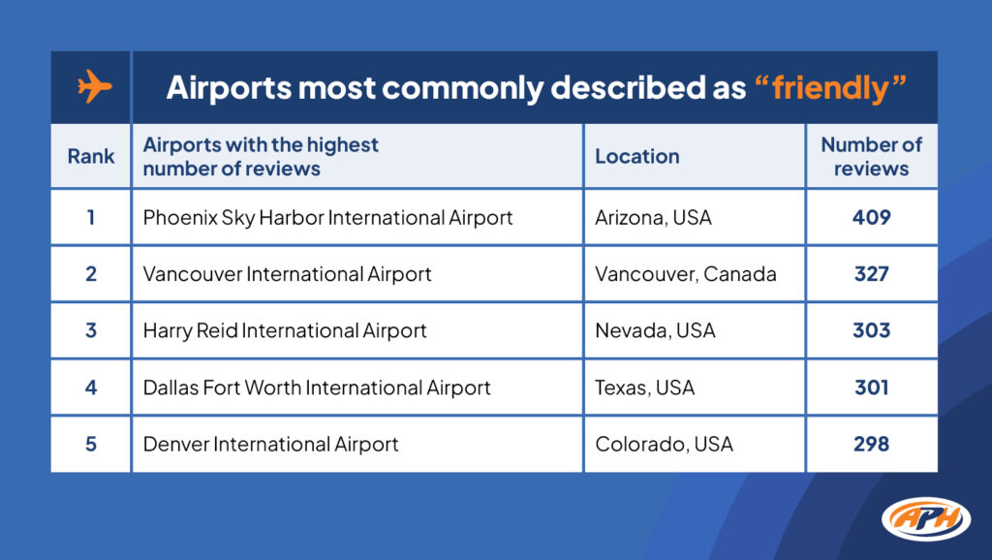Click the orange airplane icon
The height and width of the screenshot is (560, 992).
[x=94, y=87]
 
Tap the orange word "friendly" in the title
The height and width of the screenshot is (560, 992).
[x=830, y=87]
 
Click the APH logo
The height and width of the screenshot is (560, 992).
[x=926, y=518]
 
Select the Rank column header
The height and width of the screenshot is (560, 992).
[x=91, y=156]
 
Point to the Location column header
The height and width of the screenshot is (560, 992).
[x=636, y=156]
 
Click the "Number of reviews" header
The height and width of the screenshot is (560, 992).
[x=871, y=156]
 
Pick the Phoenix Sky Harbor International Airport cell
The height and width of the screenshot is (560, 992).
[x=327, y=217]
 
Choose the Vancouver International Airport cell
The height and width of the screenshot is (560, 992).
[x=287, y=274]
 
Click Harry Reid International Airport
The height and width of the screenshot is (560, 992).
[x=285, y=330]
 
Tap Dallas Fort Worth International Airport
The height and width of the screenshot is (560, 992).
[x=317, y=388]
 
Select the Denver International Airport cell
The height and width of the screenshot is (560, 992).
[x=270, y=445]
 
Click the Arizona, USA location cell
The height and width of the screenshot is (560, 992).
[x=653, y=217]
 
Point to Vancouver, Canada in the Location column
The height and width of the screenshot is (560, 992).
[x=685, y=274]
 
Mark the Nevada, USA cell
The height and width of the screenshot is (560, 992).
[x=655, y=330]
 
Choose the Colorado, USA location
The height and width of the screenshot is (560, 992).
[x=664, y=445]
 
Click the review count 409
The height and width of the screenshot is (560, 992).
[x=871, y=217]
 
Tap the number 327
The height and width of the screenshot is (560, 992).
[x=871, y=274]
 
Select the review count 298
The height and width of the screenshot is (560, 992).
[x=871, y=445]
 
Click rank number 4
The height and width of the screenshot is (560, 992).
[x=91, y=388]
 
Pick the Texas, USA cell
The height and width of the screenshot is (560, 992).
[x=644, y=388]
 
